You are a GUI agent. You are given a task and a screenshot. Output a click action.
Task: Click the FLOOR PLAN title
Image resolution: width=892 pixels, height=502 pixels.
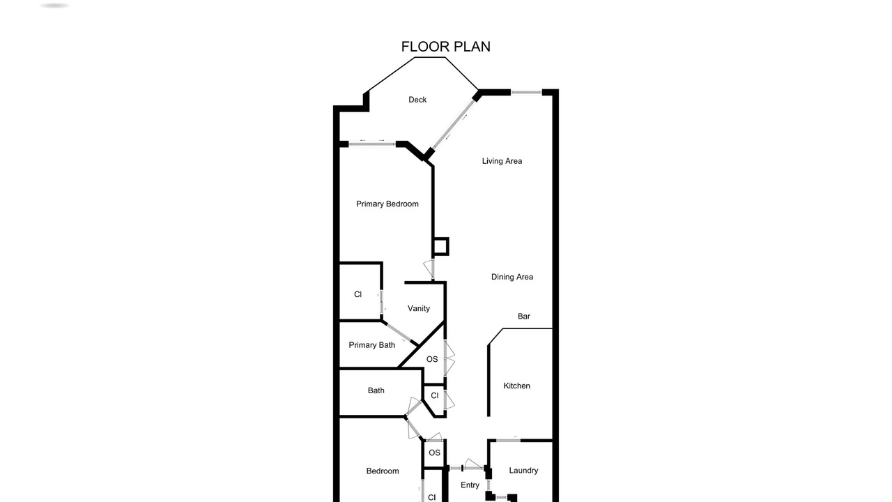445,47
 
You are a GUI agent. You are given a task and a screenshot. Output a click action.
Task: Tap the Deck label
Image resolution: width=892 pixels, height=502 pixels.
417,100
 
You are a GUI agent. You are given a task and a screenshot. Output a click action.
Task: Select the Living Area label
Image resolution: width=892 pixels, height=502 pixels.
502,161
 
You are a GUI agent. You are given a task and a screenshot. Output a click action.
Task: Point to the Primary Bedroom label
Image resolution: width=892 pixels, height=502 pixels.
387,204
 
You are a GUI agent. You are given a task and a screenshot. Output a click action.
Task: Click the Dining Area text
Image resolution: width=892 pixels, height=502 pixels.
512,277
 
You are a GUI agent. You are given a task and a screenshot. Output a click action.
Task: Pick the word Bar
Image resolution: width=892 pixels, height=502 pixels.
523,317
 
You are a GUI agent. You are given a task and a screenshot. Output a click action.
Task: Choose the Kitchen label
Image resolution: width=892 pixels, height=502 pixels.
516,386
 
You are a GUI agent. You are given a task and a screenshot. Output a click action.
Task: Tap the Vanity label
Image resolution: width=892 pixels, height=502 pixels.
419,308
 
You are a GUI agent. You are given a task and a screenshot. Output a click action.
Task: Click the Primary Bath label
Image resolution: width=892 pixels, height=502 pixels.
371,345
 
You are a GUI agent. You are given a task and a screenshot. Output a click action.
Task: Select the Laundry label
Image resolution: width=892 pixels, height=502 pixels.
523,471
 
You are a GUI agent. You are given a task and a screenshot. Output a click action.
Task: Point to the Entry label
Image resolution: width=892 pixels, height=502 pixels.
470,485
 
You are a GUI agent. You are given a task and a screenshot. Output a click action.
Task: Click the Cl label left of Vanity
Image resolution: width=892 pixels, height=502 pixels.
357,294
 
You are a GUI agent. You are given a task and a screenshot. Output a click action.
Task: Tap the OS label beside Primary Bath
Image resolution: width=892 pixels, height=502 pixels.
432,359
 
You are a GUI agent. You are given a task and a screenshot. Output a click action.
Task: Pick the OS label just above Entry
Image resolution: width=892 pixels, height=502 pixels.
434,452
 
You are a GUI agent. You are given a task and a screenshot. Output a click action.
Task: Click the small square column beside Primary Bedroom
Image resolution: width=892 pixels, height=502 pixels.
441,246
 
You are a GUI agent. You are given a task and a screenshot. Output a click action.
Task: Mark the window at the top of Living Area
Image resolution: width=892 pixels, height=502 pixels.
526,93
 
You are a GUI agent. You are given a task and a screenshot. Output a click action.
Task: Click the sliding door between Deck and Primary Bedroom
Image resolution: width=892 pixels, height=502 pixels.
372,144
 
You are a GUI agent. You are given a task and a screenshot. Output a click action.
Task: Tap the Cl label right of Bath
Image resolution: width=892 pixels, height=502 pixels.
434,395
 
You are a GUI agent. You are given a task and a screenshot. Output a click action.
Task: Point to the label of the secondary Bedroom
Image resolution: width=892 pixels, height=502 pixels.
383,471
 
